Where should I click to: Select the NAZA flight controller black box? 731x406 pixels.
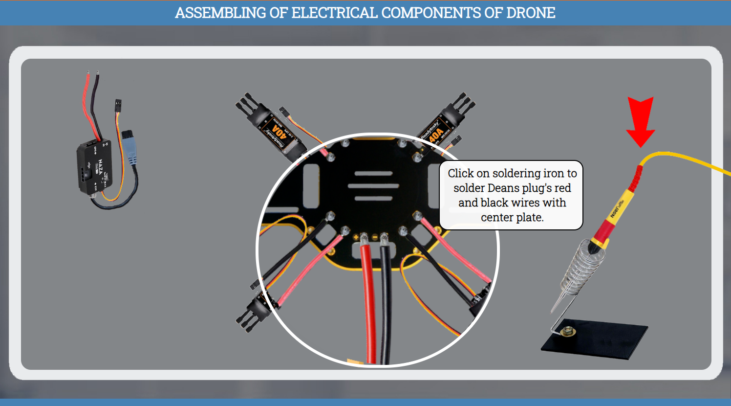point(95,166)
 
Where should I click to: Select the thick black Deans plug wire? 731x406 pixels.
point(386,303)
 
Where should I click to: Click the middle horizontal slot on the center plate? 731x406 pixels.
point(373,186)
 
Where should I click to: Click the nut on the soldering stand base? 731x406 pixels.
point(568,332)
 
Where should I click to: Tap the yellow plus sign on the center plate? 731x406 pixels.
point(356,238)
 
